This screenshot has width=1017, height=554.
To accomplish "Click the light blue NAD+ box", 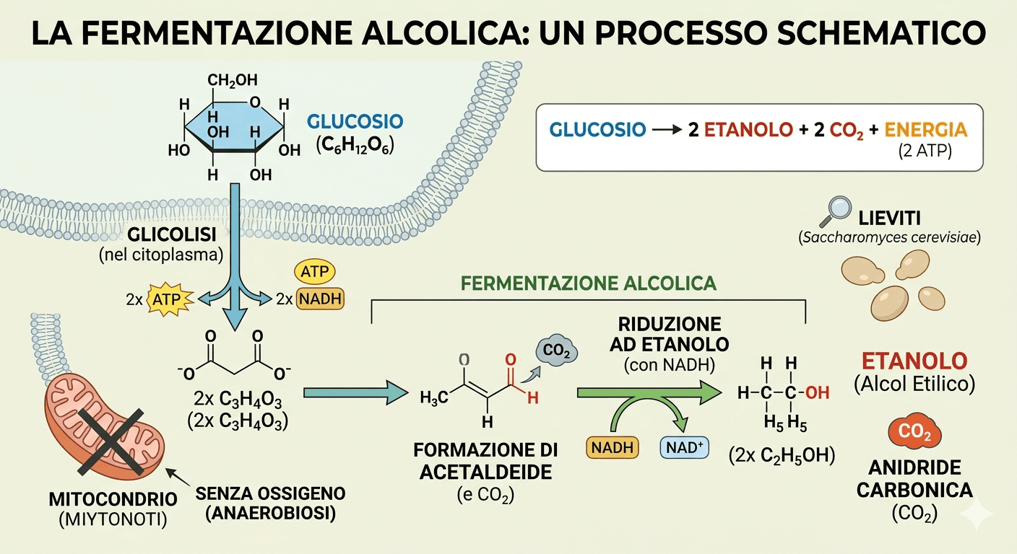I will tap(684, 447).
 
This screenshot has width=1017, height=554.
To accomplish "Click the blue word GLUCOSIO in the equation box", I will tap(597, 131).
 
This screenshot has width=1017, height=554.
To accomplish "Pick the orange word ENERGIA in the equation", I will tap(925, 131).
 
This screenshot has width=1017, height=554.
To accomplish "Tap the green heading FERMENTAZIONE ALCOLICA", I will tap(588, 283).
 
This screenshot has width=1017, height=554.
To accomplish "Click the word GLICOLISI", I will tap(172, 236).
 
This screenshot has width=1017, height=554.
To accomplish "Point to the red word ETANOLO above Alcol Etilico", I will tap(914, 361).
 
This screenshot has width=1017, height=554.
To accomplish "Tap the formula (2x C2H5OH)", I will tap(782, 455).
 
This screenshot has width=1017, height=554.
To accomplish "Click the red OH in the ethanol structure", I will tap(816, 393).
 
